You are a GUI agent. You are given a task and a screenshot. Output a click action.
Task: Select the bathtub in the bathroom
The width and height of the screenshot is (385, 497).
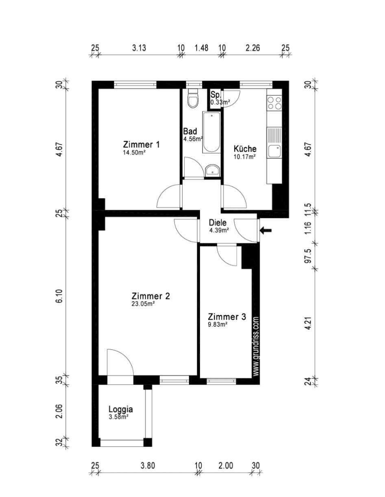[211, 132]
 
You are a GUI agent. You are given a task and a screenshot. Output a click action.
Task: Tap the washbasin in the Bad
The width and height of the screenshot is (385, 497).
[212, 170]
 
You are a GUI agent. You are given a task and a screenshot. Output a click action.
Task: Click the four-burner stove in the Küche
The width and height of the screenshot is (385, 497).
[274, 103]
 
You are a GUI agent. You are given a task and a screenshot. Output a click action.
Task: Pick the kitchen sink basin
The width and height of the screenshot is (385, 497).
[274, 151]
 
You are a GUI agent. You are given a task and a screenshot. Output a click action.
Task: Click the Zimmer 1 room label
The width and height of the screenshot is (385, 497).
[141, 145]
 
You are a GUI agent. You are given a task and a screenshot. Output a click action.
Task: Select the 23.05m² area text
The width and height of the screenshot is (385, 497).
[142, 304]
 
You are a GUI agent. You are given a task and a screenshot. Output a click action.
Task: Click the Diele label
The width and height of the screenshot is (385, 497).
[218, 222]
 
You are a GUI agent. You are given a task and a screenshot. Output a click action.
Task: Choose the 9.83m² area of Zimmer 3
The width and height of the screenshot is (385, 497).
[218, 324]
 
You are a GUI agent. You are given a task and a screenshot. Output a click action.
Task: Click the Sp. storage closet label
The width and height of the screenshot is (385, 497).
[215, 95]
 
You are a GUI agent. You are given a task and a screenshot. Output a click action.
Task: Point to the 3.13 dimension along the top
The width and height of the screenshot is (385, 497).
[139, 48]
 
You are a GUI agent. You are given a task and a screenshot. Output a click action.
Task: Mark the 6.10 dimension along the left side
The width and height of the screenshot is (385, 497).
[59, 296]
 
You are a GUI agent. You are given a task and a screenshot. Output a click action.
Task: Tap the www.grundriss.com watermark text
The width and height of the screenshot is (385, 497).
[256, 346]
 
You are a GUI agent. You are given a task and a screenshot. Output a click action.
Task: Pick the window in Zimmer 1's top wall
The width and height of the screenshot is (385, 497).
[135, 85]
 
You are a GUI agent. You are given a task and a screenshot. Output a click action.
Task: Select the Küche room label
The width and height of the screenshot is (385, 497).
[245, 149]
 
